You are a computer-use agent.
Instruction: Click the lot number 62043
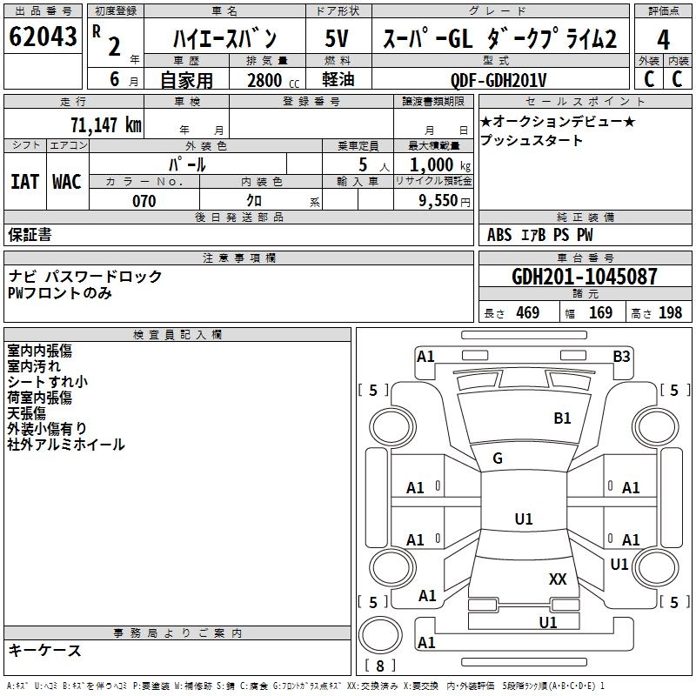click(x=42, y=37)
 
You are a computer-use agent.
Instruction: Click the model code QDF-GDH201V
click(x=499, y=80)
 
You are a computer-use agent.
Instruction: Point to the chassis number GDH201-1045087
click(x=585, y=278)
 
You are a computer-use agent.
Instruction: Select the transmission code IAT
click(x=24, y=181)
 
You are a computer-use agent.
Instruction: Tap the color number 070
click(x=144, y=201)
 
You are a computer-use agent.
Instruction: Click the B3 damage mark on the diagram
click(x=621, y=356)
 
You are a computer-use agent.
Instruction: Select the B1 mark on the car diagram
click(x=563, y=418)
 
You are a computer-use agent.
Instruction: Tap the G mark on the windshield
click(x=498, y=458)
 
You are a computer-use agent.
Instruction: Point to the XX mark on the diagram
click(x=558, y=579)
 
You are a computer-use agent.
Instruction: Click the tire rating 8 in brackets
click(x=379, y=666)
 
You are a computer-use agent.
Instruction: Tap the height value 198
click(x=671, y=313)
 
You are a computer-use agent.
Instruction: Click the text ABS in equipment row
click(x=499, y=235)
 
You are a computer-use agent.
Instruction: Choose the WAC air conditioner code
click(x=67, y=181)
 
